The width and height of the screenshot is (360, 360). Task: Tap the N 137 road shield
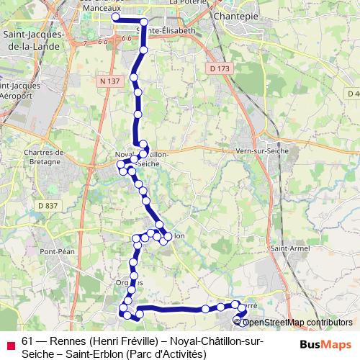point(109,81)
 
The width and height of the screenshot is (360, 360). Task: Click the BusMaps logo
point(325,344)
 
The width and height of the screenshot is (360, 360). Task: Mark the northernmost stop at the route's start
point(115,17)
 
